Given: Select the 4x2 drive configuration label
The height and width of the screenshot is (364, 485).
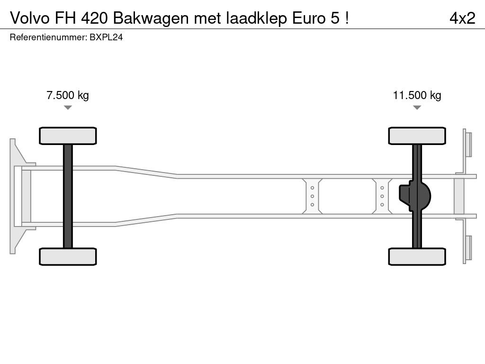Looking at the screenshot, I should click(x=462, y=18).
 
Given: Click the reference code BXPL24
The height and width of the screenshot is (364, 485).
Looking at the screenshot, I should click(x=106, y=37).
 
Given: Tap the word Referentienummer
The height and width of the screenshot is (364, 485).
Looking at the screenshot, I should click(x=48, y=37).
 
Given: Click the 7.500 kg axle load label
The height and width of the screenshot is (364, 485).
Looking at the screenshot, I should click(x=68, y=95).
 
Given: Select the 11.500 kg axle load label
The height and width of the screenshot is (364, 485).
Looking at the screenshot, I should click(x=417, y=95).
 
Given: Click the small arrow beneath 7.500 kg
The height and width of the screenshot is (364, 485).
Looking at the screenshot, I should click(x=68, y=108).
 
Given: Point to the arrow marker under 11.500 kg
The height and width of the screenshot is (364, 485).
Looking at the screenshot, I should click(x=417, y=108).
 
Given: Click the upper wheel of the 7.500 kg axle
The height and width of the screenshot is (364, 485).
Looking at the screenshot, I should click(x=68, y=136).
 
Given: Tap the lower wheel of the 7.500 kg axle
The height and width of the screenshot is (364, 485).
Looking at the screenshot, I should click(x=68, y=256).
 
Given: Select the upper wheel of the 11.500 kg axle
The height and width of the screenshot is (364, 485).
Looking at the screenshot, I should click(x=417, y=136).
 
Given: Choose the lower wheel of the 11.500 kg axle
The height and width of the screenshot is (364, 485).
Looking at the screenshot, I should click(x=417, y=256).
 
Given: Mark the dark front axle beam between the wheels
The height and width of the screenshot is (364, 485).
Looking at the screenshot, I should click(x=68, y=196).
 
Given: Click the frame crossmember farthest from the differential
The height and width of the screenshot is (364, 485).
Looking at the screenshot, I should click(x=313, y=196).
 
